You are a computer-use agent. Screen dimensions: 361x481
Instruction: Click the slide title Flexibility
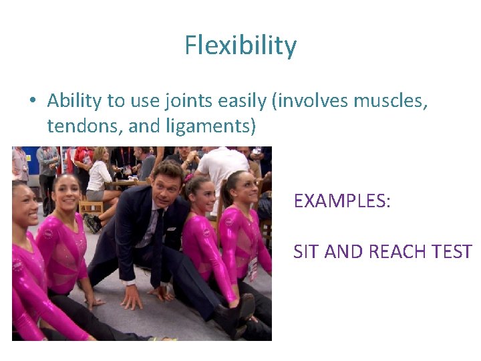click(240, 45)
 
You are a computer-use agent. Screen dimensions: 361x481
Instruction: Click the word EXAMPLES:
click(342, 201)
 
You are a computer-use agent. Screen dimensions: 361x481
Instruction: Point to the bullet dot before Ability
click(32, 102)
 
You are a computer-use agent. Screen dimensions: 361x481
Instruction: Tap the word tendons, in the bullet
click(79, 125)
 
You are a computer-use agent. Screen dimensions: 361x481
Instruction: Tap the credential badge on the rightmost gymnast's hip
click(252, 268)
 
